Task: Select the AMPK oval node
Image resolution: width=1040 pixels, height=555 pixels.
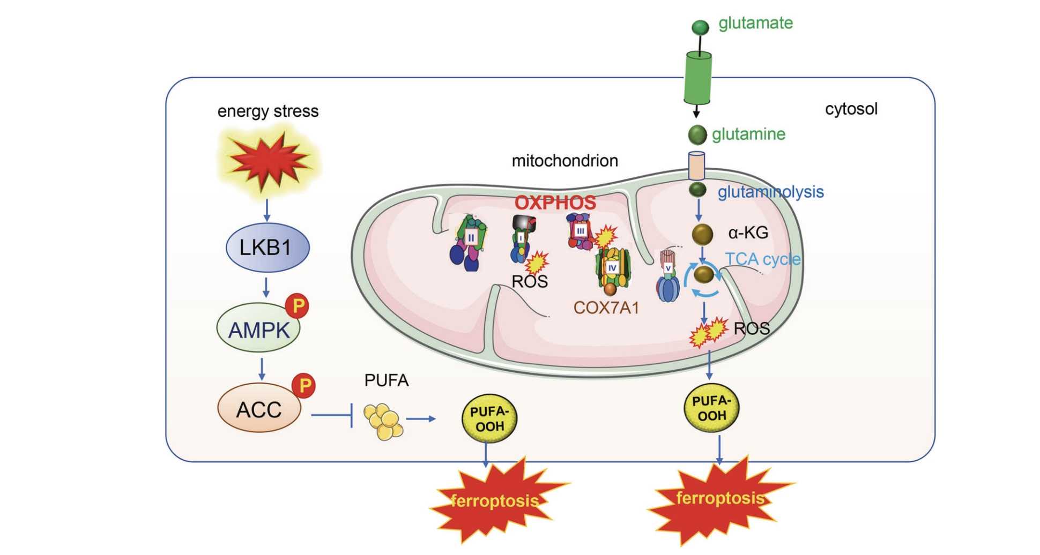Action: click(258, 329)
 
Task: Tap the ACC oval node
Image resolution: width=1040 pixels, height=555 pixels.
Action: click(259, 409)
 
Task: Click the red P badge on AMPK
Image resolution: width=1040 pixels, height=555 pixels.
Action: click(298, 306)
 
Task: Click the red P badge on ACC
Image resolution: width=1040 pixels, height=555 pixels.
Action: click(304, 385)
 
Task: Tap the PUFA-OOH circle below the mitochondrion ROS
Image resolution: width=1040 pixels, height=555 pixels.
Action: click(711, 408)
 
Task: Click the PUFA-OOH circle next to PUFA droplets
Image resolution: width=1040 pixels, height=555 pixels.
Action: click(489, 419)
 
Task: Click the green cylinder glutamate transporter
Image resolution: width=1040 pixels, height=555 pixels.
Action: click(698, 78)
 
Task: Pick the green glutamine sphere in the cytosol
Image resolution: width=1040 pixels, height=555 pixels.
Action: click(697, 134)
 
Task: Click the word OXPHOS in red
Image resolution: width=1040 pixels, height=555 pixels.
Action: click(555, 202)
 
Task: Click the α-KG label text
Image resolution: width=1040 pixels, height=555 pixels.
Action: click(748, 232)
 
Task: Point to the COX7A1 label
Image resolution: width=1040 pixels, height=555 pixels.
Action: click(606, 307)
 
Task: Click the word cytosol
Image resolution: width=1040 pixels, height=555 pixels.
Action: click(851, 109)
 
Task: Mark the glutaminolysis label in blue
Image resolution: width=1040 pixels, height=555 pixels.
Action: click(770, 192)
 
